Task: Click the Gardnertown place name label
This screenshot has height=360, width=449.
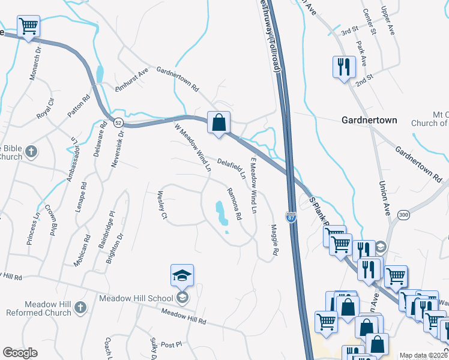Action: (x=369, y=120)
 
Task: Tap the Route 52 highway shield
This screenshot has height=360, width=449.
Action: (x=119, y=123)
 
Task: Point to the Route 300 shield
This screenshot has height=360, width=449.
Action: (x=404, y=215)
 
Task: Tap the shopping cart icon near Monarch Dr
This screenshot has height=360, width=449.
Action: (x=29, y=27)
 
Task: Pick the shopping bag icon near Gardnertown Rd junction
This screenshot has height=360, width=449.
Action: (x=220, y=123)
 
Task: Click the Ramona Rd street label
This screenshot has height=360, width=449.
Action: (x=234, y=203)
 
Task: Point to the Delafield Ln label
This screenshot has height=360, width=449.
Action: (x=232, y=169)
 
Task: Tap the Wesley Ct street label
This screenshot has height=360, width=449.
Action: (x=161, y=205)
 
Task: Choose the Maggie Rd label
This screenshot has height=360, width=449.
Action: (x=274, y=240)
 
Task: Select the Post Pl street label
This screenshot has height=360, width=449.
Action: (x=171, y=344)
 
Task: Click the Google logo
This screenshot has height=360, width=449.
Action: (x=20, y=353)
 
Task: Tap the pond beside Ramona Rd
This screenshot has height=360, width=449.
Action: (x=221, y=214)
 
